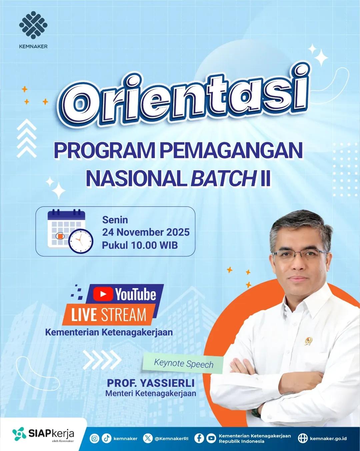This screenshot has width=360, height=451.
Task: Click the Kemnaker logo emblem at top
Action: [33, 25]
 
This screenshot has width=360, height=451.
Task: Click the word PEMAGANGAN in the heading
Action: [231, 150]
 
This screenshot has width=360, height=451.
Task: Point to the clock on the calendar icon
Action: [81, 241]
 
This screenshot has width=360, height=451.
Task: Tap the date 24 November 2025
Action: [146, 232]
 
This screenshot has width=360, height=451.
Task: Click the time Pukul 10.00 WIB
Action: [140, 245]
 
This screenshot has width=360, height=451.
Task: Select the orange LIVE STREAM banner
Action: [109, 315]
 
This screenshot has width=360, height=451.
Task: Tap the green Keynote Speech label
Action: [183, 363]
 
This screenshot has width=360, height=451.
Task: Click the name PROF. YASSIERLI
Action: [151, 383]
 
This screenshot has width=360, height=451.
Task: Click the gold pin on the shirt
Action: [308, 341]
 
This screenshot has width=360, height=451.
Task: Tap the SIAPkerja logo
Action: [43, 434]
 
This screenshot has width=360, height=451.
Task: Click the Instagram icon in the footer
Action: [94, 438]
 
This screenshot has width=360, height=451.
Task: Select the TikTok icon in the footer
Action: [106, 438]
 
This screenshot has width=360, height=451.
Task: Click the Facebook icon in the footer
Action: [199, 438]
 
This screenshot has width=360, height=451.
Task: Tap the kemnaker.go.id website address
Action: [328, 438]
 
